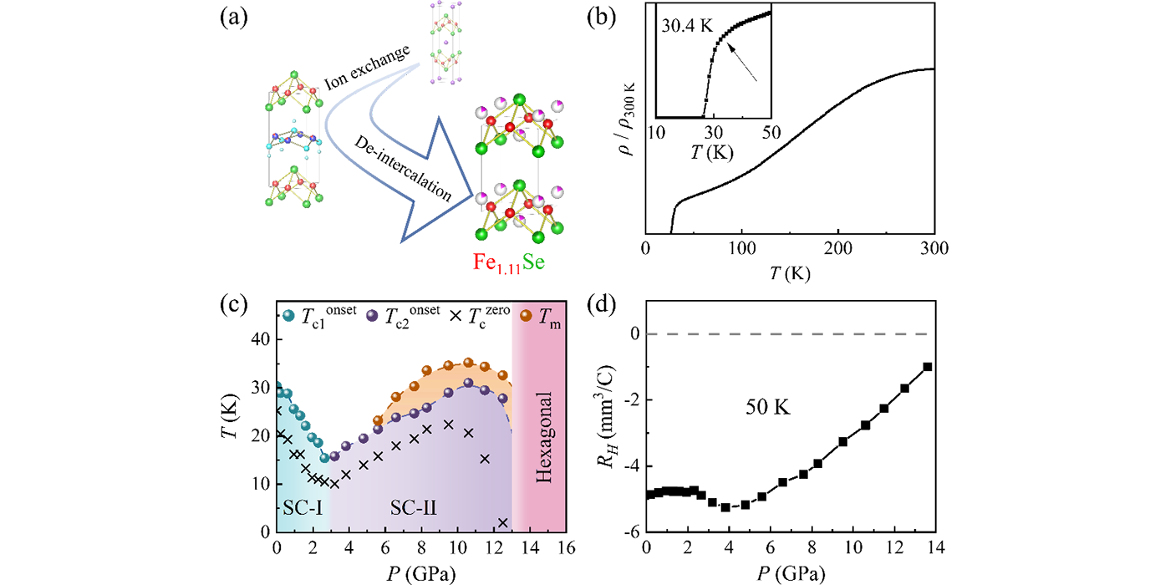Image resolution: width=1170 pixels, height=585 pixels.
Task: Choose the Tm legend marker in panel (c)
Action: click(526, 316)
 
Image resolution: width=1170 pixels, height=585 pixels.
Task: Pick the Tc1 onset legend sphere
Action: click(288, 316)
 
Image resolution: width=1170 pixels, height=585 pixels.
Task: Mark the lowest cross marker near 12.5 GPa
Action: click(503, 523)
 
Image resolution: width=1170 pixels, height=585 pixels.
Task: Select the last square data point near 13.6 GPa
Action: click(928, 367)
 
